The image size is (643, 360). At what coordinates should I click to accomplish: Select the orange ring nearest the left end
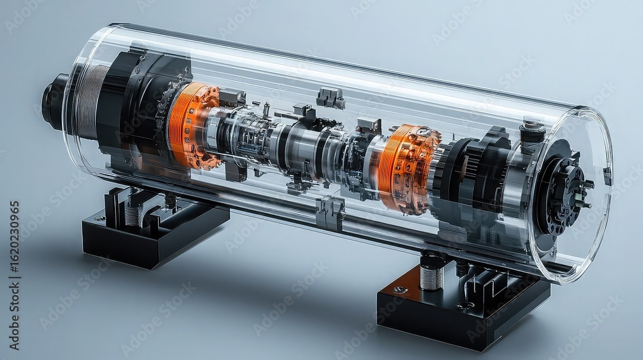[x=190, y=125]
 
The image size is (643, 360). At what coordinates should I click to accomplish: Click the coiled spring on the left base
[x=133, y=214]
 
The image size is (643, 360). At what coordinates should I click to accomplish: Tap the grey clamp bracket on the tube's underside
[x=330, y=213]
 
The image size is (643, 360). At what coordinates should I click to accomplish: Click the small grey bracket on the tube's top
[x=331, y=98]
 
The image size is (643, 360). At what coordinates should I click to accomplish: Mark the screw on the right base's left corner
[x=399, y=290]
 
